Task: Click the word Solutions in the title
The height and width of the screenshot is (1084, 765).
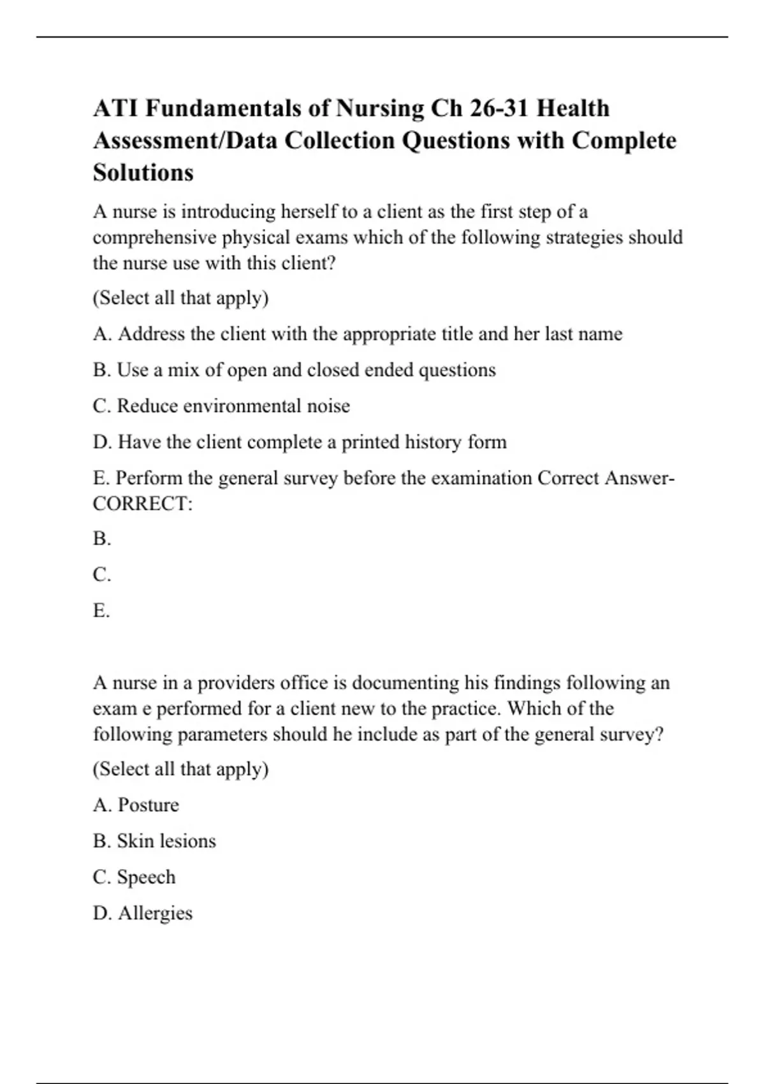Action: [143, 173]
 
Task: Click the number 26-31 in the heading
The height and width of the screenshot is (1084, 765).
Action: [500, 108]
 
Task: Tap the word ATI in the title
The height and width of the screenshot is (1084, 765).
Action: [115, 108]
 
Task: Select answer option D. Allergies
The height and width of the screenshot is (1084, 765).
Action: [142, 913]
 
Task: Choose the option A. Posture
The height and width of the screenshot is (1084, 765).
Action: [136, 805]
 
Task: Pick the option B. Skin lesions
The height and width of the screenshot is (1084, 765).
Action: [154, 841]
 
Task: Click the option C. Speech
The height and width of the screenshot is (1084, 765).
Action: [134, 877]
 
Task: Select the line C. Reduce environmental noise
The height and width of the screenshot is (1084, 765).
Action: [221, 406]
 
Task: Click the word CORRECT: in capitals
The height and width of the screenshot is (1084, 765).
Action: [142, 504]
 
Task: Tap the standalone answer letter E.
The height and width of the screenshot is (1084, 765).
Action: [101, 611]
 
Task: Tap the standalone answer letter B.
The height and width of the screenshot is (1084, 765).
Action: [101, 539]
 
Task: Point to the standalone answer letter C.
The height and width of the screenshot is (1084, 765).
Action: [101, 575]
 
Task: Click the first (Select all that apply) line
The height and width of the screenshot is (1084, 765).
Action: [180, 298]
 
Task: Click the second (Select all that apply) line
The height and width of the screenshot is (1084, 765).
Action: [180, 769]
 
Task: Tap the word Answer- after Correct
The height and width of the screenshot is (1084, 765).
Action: [639, 478]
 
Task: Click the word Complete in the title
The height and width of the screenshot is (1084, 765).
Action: [623, 140]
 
